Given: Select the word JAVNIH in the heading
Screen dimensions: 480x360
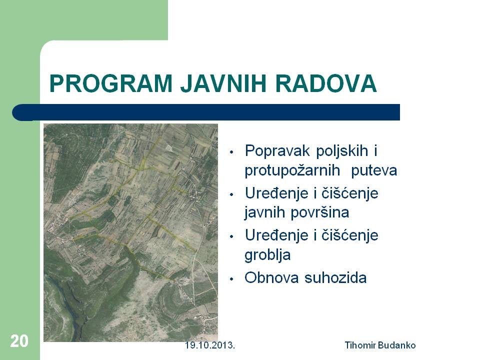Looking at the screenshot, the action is tap(223, 83).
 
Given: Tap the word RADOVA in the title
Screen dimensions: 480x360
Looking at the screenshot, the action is tap(325, 83).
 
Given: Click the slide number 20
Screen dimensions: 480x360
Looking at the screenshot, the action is tap(19, 341).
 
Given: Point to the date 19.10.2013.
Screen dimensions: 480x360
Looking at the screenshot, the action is tap(210, 345).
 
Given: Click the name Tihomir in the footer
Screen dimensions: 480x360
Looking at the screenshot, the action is tap(360, 345).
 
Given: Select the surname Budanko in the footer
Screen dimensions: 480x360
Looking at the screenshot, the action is tap(396, 345).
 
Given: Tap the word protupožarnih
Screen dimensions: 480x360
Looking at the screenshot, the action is tap(292, 171).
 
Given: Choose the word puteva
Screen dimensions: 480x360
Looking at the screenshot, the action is tap(374, 171).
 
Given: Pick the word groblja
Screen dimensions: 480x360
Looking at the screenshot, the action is tap(267, 254).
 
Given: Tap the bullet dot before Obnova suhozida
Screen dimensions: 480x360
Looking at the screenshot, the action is tap(231, 279).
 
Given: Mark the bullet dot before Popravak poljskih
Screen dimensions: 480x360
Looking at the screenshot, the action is tap(231, 152).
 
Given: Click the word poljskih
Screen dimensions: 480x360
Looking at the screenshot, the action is tap(342, 151).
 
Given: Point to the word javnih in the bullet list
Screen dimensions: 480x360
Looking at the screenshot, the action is tap(265, 212).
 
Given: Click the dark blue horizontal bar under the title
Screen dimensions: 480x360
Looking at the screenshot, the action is tap(206, 112).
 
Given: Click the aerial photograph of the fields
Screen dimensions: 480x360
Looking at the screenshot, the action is tap(130, 232).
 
